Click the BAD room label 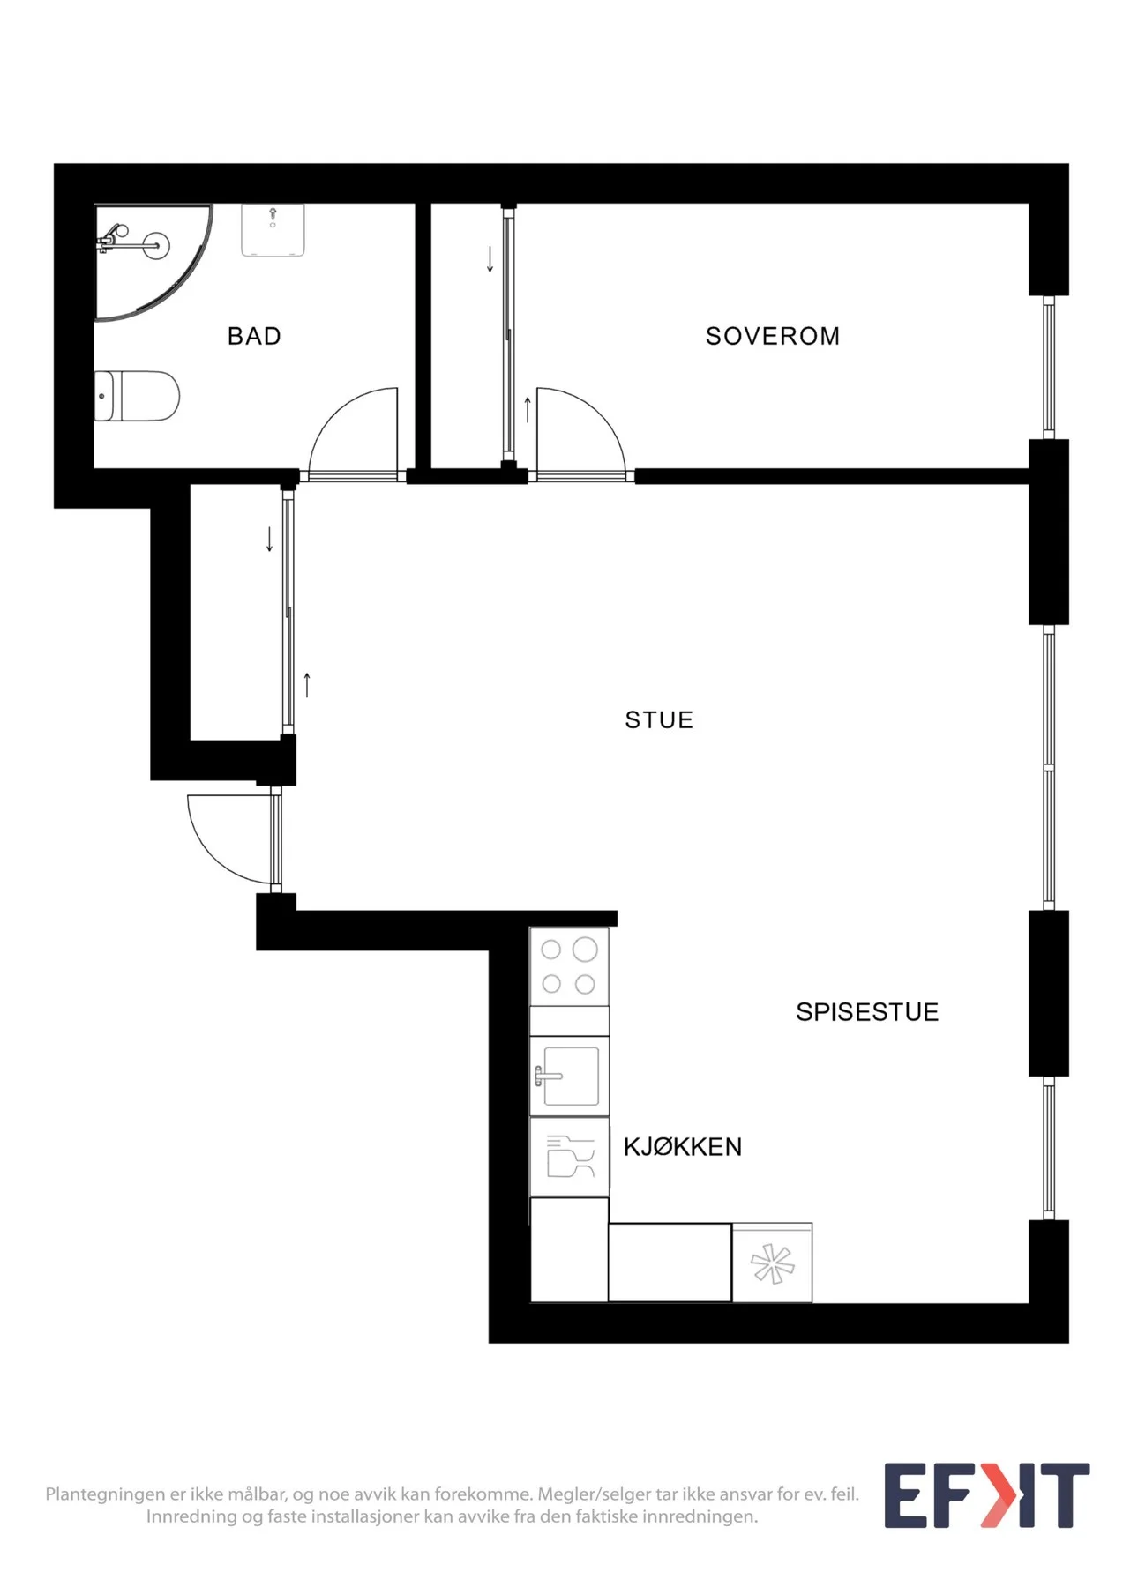[254, 336]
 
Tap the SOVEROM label [773, 336]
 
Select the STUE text [659, 720]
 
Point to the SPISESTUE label [867, 1012]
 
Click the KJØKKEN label [683, 1147]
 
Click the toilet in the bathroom [137, 396]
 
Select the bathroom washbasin [273, 230]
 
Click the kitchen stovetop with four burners [569, 966]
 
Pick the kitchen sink [569, 1076]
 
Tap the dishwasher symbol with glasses [569, 1157]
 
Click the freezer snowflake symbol [772, 1263]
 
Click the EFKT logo [987, 1495]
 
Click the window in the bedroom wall [1049, 367]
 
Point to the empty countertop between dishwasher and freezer [670, 1263]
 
